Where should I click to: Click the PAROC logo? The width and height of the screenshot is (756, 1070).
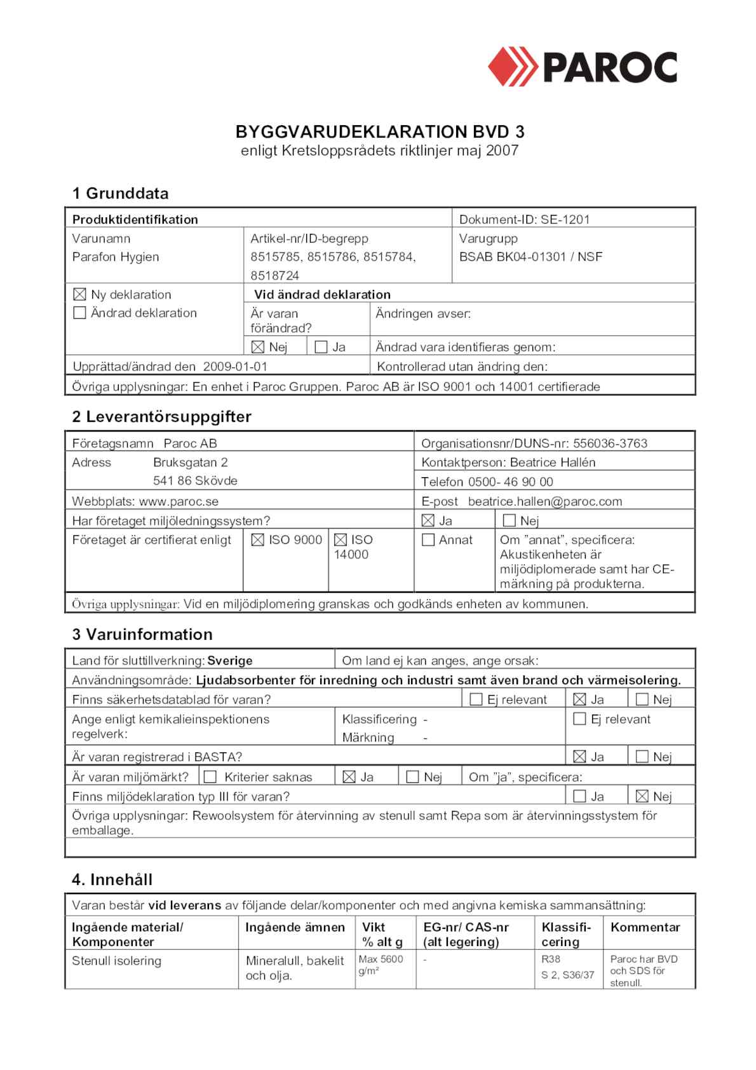click(582, 67)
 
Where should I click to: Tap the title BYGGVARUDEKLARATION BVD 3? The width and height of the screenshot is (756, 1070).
click(379, 132)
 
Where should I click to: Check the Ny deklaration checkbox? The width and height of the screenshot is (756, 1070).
click(79, 294)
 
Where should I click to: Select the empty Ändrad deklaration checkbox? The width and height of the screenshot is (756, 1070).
click(79, 313)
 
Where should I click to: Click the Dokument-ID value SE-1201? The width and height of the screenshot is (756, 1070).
click(565, 220)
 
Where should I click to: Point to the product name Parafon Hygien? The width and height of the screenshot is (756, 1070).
click(116, 257)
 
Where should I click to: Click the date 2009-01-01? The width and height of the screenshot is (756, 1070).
click(235, 367)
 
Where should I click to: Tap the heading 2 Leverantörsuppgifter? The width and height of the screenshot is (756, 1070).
click(161, 417)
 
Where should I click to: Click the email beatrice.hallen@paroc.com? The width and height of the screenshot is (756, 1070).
click(545, 501)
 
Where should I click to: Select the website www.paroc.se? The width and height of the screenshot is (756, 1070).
click(179, 501)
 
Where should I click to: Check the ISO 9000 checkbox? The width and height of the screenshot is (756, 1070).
click(257, 540)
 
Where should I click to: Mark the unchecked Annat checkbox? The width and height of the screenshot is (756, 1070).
click(428, 540)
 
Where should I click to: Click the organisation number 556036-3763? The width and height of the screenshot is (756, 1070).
click(610, 444)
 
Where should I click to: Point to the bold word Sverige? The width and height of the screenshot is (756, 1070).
click(230, 661)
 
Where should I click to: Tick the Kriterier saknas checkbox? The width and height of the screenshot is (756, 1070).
click(210, 777)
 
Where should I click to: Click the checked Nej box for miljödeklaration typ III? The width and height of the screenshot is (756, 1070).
click(642, 796)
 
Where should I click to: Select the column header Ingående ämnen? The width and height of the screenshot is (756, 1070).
click(295, 928)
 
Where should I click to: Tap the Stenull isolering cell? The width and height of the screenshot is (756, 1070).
click(116, 961)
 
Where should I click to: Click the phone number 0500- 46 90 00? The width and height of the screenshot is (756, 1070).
click(510, 482)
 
